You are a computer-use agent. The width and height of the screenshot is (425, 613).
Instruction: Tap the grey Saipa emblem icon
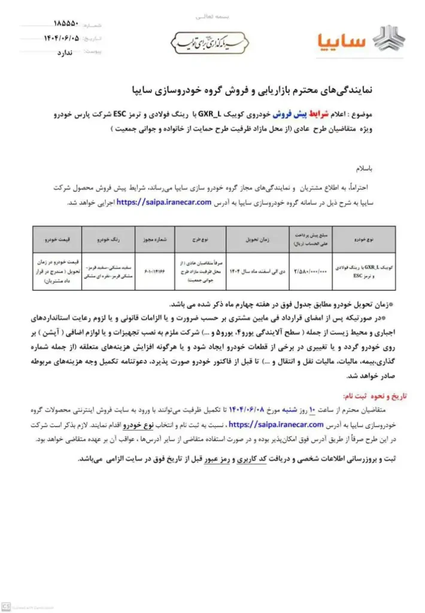[390, 39]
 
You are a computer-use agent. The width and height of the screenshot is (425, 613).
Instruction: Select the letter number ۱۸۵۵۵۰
[65, 26]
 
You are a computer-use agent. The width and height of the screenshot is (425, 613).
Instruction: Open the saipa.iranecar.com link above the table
[165, 202]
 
